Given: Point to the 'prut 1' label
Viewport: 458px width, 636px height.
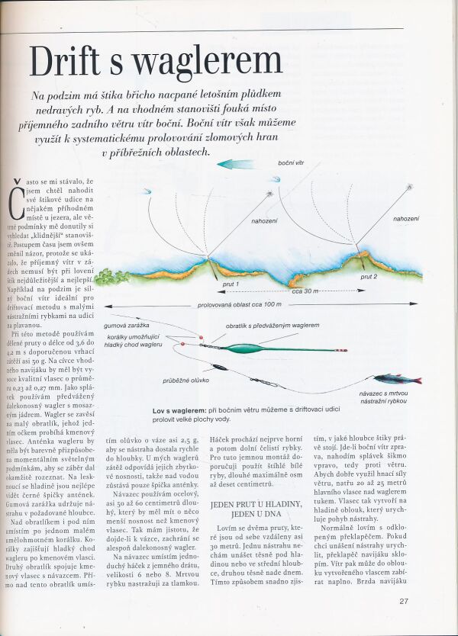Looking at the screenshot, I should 231,285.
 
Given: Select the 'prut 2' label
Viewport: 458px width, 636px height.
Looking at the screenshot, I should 369,277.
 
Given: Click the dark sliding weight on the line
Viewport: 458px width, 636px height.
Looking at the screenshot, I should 219,367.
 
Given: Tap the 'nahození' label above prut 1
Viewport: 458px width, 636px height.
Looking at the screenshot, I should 264,222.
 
